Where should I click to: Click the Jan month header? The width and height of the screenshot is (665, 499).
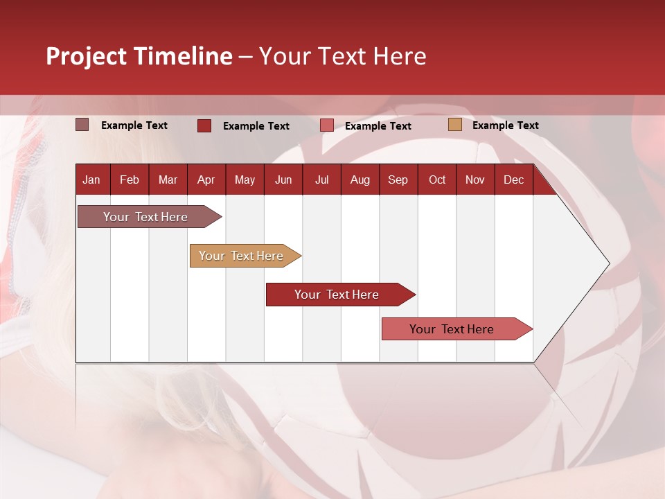click(x=91, y=180)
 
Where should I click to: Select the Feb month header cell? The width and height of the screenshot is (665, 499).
click(x=130, y=180)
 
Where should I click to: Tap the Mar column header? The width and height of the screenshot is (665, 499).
click(x=168, y=180)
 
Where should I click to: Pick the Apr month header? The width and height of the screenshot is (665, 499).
click(x=206, y=180)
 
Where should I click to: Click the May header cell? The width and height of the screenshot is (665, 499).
click(x=245, y=180)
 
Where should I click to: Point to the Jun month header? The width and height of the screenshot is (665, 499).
click(x=283, y=180)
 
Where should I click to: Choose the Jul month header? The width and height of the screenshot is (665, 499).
click(x=321, y=180)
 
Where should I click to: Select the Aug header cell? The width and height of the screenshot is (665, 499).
click(x=360, y=180)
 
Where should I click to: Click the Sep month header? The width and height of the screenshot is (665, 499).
click(x=398, y=180)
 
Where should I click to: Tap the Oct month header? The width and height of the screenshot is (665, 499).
click(x=437, y=180)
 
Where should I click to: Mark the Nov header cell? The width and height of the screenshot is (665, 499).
click(x=475, y=180)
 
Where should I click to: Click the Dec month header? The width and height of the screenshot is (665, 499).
click(x=514, y=180)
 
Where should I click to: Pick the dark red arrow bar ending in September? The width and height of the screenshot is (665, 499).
click(x=337, y=295)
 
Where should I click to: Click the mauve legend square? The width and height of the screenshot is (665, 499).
click(x=82, y=125)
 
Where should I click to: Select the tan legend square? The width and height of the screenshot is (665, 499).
click(x=454, y=125)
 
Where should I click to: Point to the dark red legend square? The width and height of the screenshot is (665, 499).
click(x=204, y=125)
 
